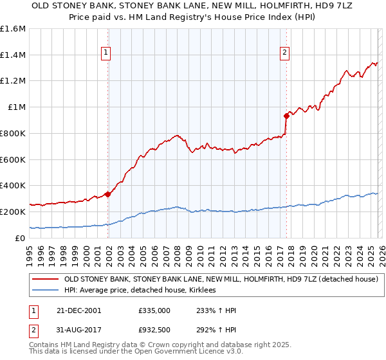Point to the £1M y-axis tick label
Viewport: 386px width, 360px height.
16,107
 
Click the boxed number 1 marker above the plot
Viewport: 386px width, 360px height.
106,53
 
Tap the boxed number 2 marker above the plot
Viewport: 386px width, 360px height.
284,53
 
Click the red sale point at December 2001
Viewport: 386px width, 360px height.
108,194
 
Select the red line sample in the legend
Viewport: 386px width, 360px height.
46,279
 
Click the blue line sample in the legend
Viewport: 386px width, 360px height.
46,291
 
